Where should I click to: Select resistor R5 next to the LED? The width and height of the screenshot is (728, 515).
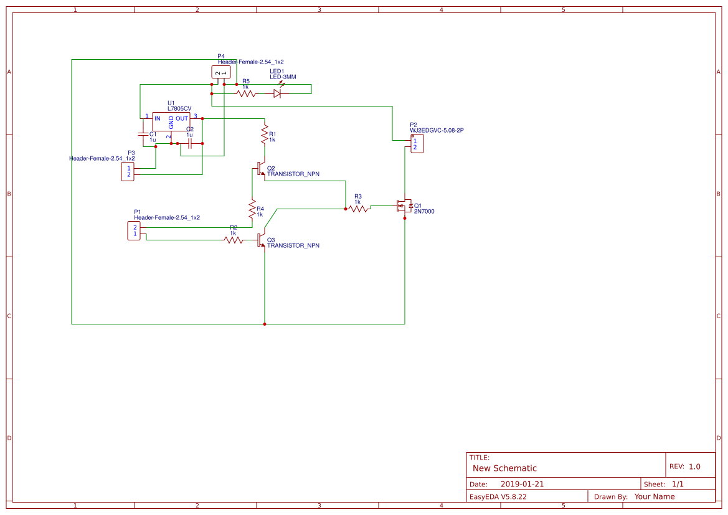click(246, 94)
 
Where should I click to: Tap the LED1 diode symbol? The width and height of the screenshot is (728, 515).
click(277, 93)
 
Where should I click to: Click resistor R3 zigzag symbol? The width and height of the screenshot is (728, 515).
click(358, 209)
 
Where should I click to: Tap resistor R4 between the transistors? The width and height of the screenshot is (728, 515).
click(252, 209)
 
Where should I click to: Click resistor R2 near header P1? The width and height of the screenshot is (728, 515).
click(234, 240)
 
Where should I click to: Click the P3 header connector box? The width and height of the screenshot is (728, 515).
click(129, 171)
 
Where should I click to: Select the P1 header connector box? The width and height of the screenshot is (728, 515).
click(134, 231)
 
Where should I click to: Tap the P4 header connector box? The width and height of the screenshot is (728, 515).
click(221, 72)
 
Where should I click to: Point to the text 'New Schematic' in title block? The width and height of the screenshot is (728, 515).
click(504, 468)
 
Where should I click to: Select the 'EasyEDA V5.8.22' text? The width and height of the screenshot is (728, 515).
click(498, 496)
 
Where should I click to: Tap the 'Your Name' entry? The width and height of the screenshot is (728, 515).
click(654, 496)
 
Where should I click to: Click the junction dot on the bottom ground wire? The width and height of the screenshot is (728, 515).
click(265, 324)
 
